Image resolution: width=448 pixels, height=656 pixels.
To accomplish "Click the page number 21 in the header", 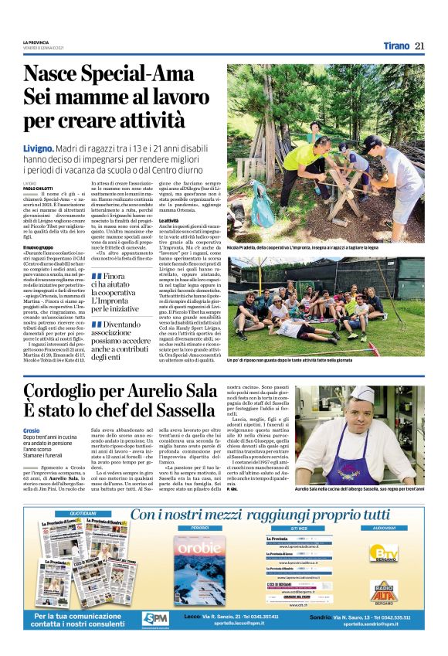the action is pos(419,45).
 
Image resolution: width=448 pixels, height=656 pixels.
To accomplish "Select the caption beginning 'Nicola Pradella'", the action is pos(324,246).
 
